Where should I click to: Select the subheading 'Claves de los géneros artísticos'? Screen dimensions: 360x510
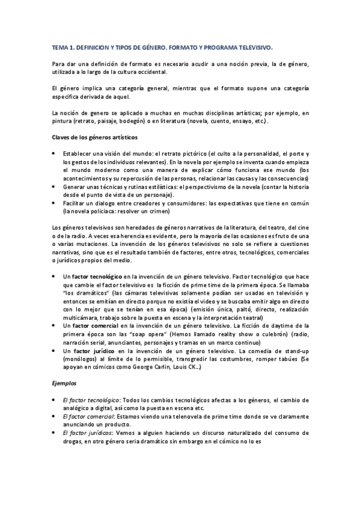pos(94,138)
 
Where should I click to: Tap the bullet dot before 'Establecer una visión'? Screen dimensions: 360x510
pos(55,153)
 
